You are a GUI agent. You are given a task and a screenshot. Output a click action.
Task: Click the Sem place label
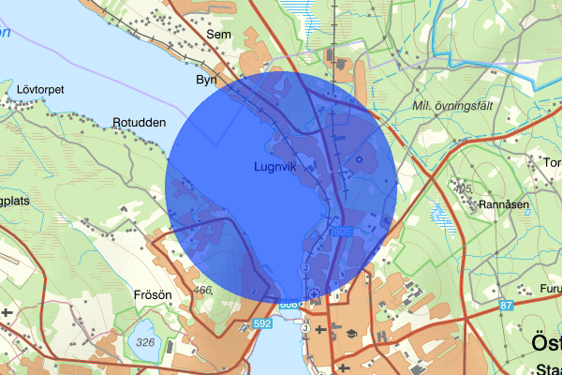[219, 35]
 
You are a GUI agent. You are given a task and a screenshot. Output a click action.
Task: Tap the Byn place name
[207, 81]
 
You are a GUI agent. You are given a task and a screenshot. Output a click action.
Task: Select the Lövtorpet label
[40, 90]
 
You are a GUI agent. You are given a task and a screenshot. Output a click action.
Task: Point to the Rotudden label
[139, 123]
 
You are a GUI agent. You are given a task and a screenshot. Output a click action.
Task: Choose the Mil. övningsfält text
[451, 106]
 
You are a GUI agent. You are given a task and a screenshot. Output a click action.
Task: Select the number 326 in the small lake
[144, 343]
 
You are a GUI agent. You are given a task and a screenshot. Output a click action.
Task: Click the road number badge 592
[263, 324]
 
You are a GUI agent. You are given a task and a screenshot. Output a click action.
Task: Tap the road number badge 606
[288, 305]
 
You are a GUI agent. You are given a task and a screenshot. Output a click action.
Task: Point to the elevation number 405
[462, 189]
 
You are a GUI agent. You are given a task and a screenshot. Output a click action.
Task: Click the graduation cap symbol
[352, 332]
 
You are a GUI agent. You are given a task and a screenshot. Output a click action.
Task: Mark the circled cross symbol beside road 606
[314, 298]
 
